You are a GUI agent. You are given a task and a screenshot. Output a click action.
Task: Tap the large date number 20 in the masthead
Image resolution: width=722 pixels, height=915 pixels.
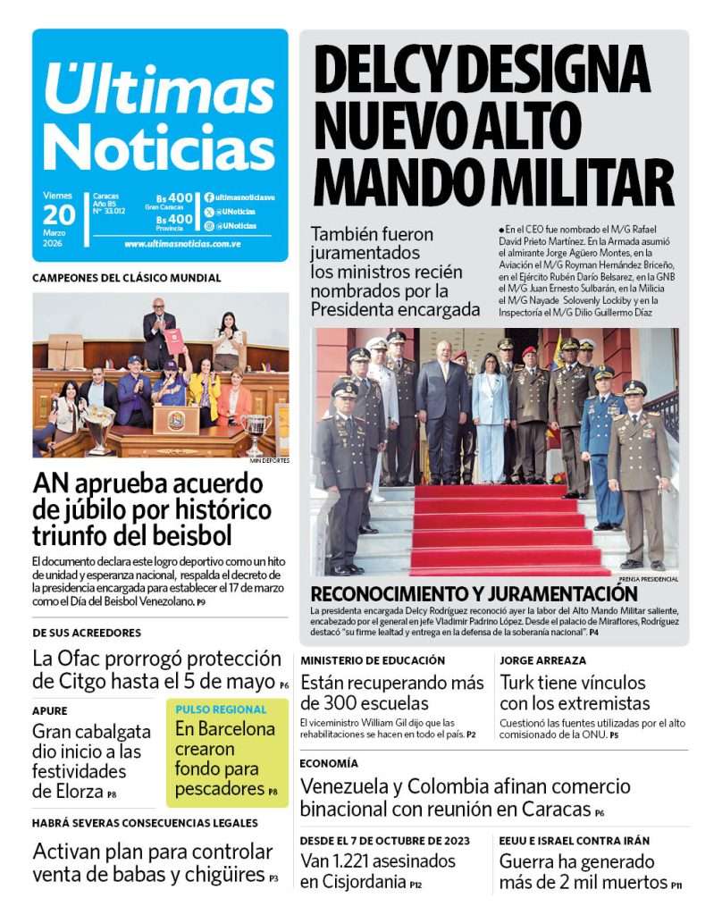tap(59, 214)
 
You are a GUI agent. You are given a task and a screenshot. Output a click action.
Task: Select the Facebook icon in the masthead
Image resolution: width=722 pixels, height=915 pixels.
tap(209, 197)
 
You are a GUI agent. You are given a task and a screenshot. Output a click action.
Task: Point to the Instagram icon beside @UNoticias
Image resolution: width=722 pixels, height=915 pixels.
tap(209, 226)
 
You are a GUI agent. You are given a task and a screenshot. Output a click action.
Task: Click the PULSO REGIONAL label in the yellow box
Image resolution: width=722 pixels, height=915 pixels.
tap(221, 709)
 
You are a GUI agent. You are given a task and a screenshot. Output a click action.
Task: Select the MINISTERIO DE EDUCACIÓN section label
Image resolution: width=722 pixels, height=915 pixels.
tap(373, 660)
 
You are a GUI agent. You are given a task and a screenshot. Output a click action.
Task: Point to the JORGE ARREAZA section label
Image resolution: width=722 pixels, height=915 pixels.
tap(542, 660)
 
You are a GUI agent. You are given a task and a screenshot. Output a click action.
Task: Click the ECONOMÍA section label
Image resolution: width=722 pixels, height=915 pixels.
tap(329, 764)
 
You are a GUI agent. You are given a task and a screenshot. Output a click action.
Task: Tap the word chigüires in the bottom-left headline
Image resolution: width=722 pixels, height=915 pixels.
tap(221, 875)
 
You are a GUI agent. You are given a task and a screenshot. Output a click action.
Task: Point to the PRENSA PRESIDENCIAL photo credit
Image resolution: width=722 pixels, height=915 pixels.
tap(647, 579)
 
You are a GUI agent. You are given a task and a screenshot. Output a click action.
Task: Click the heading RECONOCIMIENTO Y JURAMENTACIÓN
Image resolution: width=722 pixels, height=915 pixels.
tap(474, 594)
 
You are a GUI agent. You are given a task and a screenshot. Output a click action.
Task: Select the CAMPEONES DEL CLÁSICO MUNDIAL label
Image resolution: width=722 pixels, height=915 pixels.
tap(127, 278)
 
